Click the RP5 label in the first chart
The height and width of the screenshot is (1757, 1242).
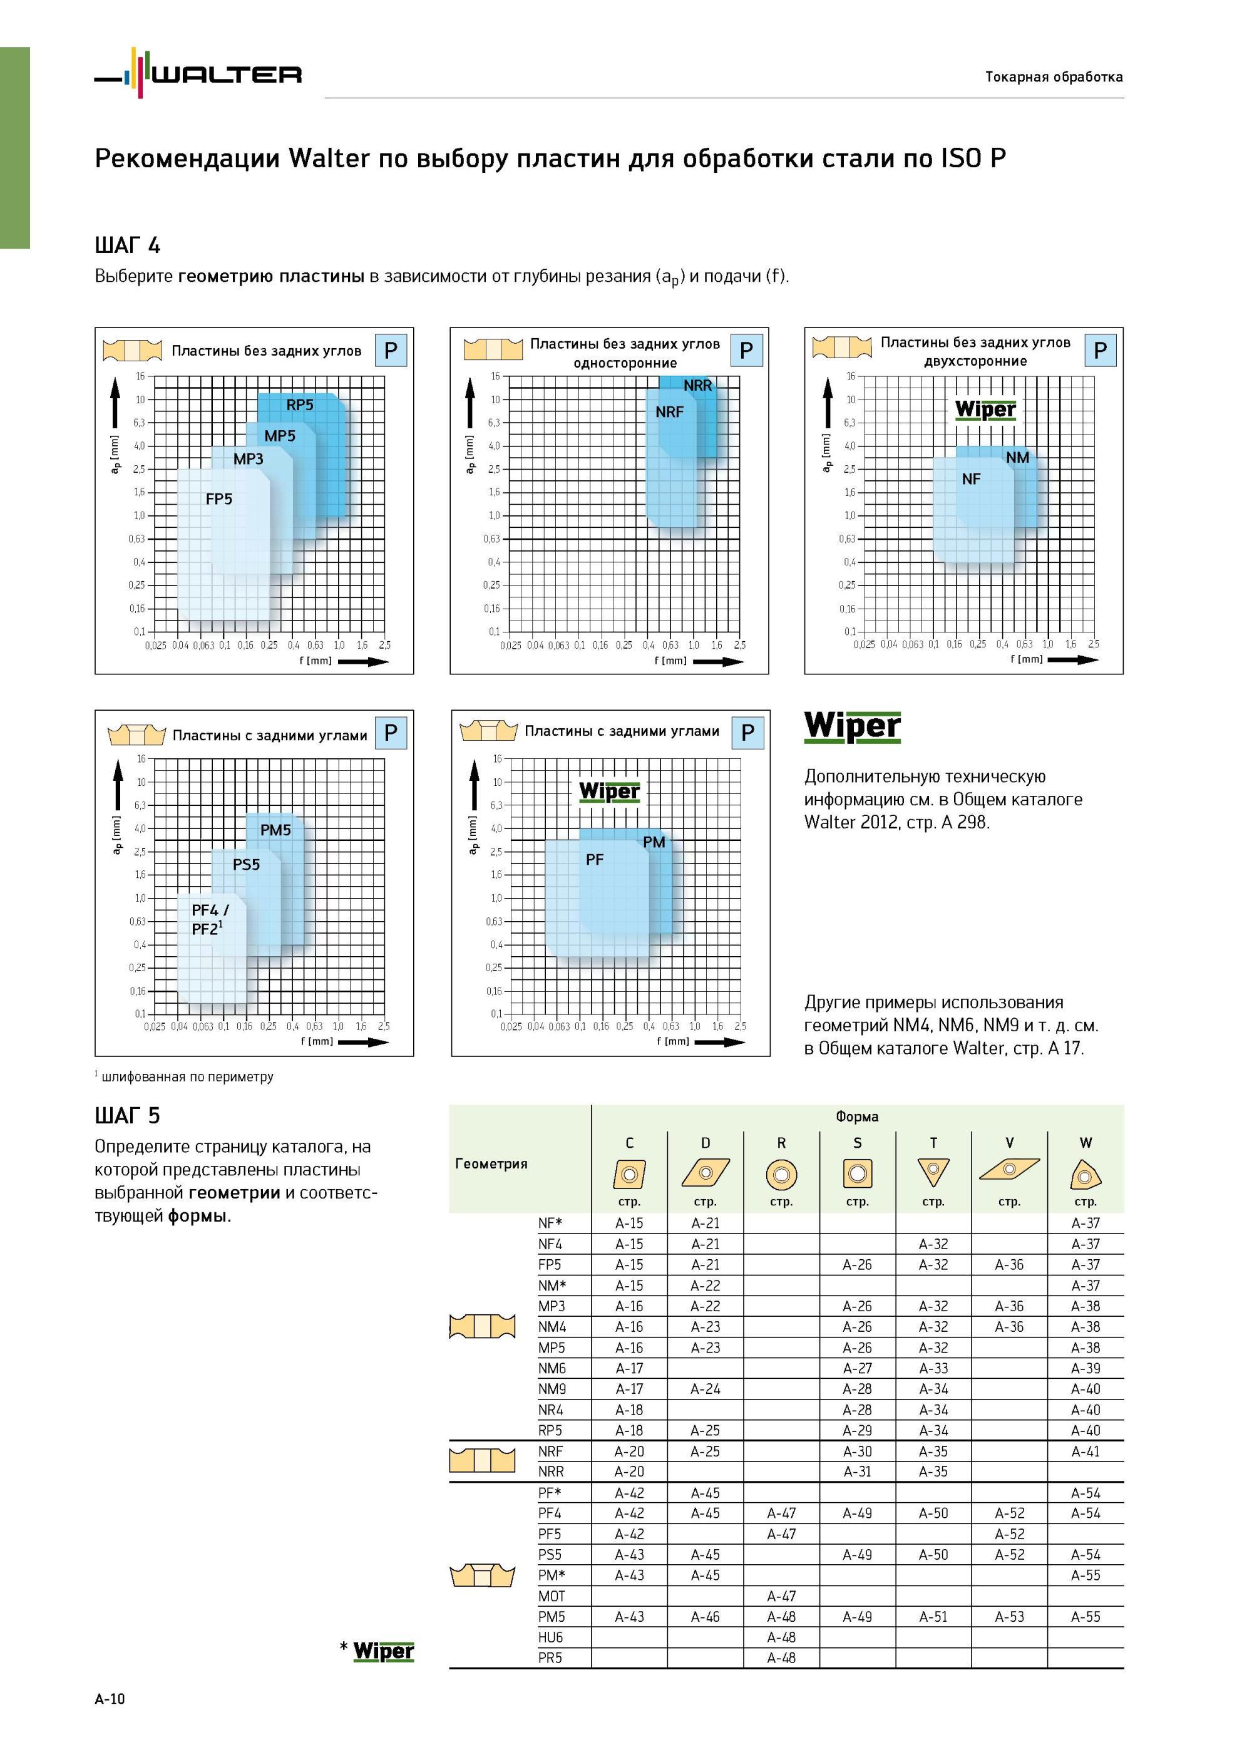tap(300, 405)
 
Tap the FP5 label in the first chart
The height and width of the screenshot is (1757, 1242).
tap(219, 499)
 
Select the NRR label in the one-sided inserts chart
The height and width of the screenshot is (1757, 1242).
tap(697, 386)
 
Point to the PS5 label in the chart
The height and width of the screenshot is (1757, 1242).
tap(247, 865)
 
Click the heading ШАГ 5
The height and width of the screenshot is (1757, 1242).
tap(128, 1116)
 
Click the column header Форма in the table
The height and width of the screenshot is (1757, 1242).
tap(857, 1116)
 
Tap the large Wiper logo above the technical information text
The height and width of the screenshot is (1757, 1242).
tap(853, 727)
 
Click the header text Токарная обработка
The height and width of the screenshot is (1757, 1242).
tap(1054, 76)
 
